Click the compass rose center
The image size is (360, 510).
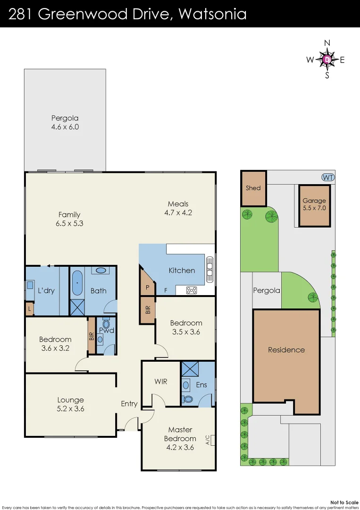click(x=327, y=59)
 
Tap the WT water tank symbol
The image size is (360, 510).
click(x=327, y=177)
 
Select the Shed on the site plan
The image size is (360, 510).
click(x=253, y=188)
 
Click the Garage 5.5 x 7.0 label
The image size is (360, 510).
click(x=314, y=204)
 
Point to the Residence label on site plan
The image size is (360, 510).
click(x=286, y=350)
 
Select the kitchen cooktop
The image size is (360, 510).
click(x=192, y=290)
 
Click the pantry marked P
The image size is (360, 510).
click(x=147, y=287)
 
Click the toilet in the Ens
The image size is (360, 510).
click(x=188, y=399)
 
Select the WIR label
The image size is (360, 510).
click(x=161, y=381)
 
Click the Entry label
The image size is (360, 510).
click(x=129, y=403)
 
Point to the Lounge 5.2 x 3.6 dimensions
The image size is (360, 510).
click(x=71, y=409)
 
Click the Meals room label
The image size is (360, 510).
click(x=178, y=204)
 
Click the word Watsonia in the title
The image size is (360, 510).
click(x=213, y=14)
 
